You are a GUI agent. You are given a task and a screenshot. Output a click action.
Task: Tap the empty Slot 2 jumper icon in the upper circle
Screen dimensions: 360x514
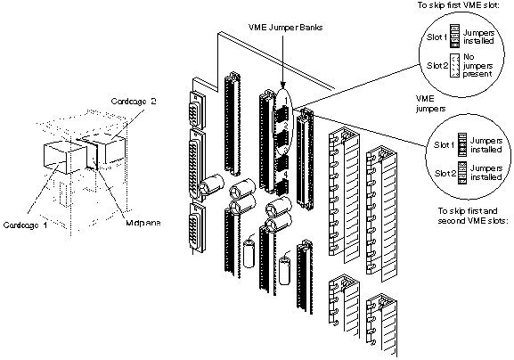click(x=454, y=65)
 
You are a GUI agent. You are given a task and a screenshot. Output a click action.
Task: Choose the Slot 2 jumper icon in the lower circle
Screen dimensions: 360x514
click(x=454, y=176)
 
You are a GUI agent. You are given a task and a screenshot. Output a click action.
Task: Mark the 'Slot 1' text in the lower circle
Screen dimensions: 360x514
click(x=434, y=144)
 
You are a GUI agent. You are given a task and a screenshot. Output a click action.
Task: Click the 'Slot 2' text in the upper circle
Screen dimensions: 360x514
click(x=434, y=65)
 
